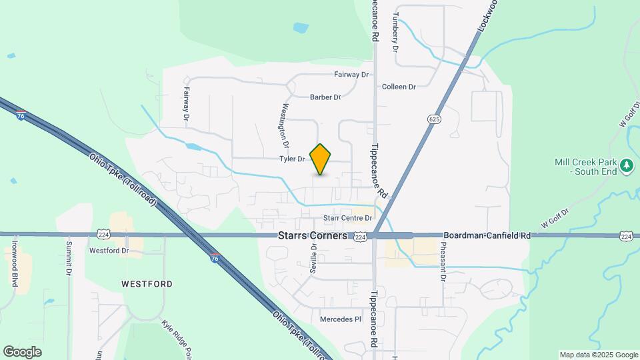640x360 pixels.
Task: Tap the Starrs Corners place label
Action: coord(313,236)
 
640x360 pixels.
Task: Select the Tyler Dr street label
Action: coord(292,159)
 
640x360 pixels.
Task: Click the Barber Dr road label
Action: coord(325,97)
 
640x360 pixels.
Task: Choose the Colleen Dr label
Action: coord(399,87)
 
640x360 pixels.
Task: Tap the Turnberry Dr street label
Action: coord(395,32)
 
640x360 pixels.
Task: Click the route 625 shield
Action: coord(434,119)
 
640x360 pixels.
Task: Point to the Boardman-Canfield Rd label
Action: coord(487,236)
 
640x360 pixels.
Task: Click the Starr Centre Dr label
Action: coord(347,218)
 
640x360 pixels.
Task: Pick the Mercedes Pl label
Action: coord(340,319)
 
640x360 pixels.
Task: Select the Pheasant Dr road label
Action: coord(442,261)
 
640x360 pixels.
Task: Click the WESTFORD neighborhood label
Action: coord(147,284)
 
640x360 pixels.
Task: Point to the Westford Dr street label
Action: coord(109,251)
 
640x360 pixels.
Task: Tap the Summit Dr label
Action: coord(69,258)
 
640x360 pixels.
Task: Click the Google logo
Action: coord(22,351)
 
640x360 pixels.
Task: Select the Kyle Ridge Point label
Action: coord(177,338)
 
